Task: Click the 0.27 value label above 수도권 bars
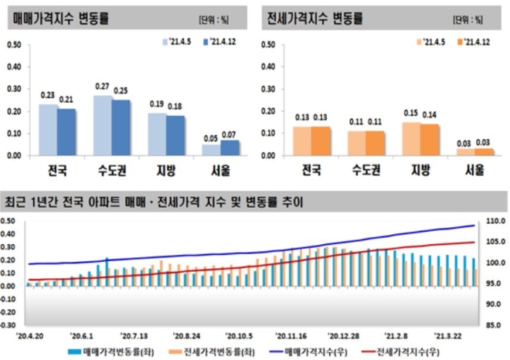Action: point(101,87)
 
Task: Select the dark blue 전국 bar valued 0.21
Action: point(66,132)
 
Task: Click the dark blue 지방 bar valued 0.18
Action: point(176,135)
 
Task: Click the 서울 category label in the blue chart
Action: point(219,170)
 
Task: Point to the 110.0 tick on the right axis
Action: point(492,222)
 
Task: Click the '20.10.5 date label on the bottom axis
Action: point(240,336)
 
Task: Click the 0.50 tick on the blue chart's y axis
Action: point(15,44)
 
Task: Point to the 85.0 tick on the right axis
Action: point(492,325)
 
